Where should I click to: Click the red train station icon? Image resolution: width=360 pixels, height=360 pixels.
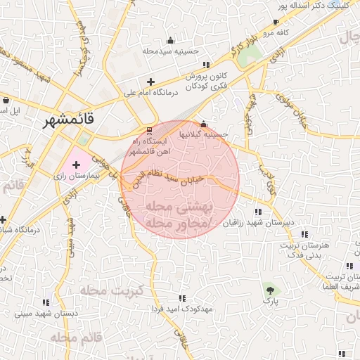pos(148,131)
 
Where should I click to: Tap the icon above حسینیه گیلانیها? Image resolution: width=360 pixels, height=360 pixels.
pos(204,124)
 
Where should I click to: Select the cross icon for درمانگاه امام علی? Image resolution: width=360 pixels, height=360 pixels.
pos(150,82)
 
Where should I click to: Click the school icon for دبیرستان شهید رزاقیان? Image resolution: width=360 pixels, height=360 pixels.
pos(259,212)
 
